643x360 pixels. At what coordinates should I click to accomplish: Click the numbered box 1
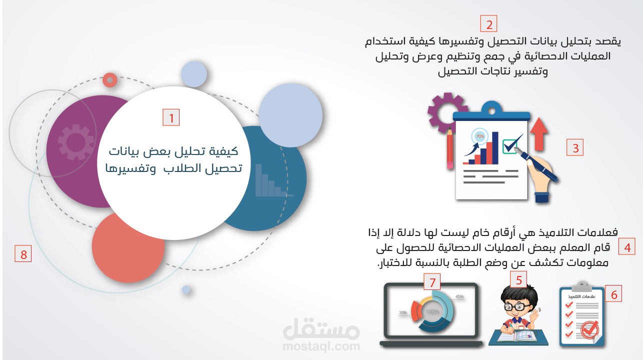171,118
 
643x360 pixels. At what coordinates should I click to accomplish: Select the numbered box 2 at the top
488,24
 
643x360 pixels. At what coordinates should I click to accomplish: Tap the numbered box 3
575,148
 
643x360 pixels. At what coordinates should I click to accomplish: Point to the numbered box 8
23,254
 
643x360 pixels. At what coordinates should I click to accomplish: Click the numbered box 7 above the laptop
432,282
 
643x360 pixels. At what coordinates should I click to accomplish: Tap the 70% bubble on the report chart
479,136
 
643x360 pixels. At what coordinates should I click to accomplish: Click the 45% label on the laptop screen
459,296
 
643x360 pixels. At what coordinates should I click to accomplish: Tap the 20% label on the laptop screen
402,312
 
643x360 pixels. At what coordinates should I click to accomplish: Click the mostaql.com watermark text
321,346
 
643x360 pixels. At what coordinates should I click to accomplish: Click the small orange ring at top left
110,79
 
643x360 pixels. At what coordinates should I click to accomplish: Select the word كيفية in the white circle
223,151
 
